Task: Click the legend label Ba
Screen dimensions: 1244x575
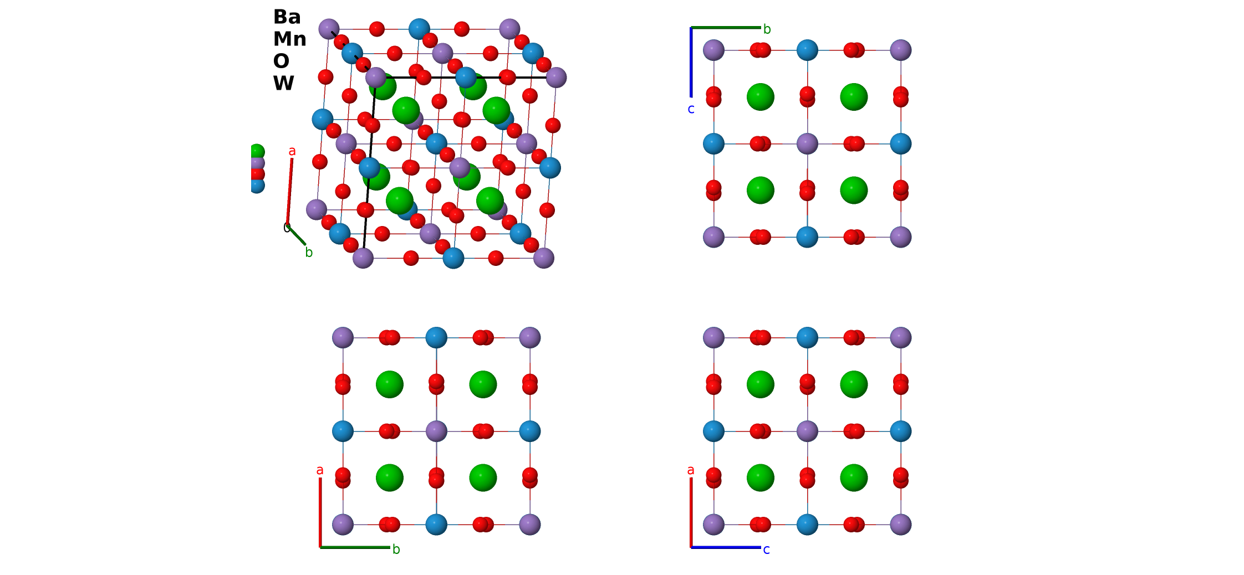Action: [x=287, y=17]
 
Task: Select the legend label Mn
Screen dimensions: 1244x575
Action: [x=290, y=39]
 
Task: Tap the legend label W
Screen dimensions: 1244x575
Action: [x=283, y=84]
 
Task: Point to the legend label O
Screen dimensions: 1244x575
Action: [x=281, y=61]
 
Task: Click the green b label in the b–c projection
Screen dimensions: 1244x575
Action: [x=767, y=29]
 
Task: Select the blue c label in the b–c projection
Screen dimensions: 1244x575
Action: [x=691, y=109]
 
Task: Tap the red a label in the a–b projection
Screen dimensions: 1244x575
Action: [x=320, y=470]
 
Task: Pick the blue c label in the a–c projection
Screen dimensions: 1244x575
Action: [x=766, y=550]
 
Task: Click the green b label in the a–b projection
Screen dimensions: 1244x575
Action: [x=396, y=549]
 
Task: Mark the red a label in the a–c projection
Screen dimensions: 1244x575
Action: [x=691, y=470]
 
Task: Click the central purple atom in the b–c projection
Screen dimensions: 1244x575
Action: [x=807, y=144]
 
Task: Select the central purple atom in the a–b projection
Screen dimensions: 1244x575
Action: [x=436, y=431]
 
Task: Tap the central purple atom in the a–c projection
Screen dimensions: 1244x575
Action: [x=807, y=431]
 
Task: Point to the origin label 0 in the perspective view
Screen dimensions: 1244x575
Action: [x=287, y=228]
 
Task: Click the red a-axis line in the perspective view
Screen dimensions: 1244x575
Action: [x=289, y=192]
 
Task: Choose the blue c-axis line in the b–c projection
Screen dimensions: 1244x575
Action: [x=691, y=62]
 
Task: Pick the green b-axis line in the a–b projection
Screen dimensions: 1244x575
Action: [x=355, y=547]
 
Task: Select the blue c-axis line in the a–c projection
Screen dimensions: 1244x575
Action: [x=726, y=547]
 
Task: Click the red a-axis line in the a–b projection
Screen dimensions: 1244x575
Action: [x=320, y=512]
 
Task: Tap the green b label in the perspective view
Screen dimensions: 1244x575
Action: [x=309, y=253]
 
